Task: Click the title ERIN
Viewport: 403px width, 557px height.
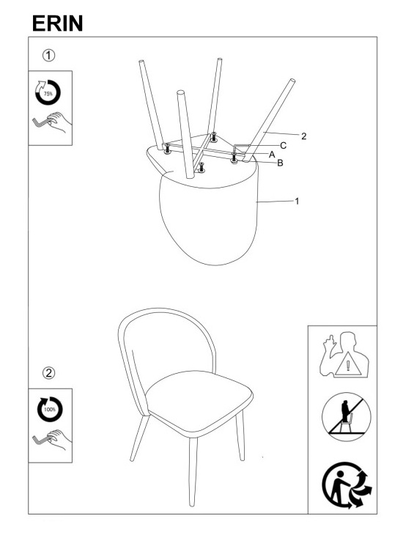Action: point(58,23)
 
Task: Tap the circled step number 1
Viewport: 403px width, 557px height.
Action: point(49,56)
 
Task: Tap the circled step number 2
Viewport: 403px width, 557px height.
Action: point(49,373)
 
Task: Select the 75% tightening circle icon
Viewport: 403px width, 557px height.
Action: point(48,93)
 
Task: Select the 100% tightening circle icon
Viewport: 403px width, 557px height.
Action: point(50,409)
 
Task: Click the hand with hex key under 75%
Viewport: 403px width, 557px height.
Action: point(52,122)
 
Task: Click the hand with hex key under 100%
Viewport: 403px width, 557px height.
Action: point(52,440)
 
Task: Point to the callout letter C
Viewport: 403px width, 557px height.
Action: point(283,146)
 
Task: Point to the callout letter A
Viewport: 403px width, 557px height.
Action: point(272,155)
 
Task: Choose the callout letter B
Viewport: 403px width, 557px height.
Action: point(280,163)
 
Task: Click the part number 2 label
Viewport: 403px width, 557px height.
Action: point(303,136)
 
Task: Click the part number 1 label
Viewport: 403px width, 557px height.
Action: point(297,202)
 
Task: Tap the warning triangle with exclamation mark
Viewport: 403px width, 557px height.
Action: point(348,364)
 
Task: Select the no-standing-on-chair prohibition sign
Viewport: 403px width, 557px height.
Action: point(347,417)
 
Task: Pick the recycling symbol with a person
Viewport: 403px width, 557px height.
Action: point(347,485)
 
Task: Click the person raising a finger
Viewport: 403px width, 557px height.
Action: point(344,355)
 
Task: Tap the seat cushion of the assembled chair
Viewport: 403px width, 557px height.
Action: point(199,402)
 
